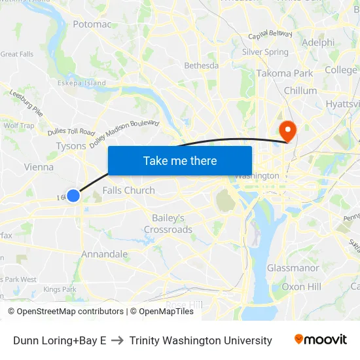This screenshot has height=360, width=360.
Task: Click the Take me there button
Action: tap(180, 160)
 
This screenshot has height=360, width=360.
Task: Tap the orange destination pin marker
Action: tap(287, 130)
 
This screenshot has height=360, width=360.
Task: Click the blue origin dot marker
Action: tap(73, 195)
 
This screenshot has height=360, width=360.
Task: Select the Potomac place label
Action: tap(92, 24)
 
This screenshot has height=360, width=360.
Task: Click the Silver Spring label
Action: tap(265, 52)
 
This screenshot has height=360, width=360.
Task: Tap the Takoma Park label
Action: tap(285, 73)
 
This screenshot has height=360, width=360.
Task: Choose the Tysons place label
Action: tap(71, 146)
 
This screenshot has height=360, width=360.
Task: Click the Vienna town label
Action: tap(39, 167)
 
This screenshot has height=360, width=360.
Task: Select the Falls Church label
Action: tap(129, 190)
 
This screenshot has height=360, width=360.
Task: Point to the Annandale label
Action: tap(105, 254)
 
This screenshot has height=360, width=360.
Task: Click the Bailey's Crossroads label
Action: tap(168, 223)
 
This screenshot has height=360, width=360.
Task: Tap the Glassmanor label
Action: tap(293, 268)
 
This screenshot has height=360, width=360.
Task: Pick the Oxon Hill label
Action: tap(301, 287)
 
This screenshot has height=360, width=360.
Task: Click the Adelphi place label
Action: tap(318, 43)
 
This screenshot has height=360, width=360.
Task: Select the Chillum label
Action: tap(300, 90)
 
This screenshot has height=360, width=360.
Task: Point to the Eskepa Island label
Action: tap(81, 83)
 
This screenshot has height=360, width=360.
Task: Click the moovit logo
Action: tap(321, 340)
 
